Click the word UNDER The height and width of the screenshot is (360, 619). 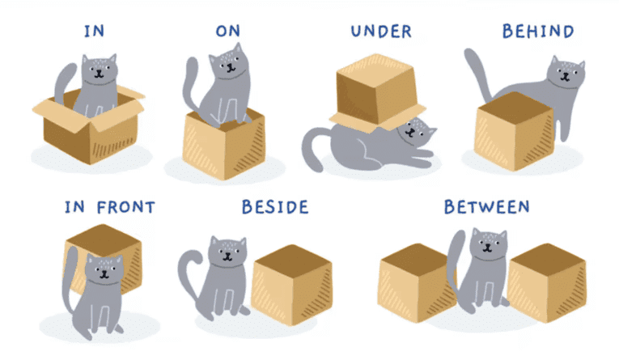[381, 32]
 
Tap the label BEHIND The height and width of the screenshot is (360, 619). [538, 32]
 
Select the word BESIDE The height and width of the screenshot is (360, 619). [275, 207]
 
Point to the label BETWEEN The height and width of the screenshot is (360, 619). [487, 207]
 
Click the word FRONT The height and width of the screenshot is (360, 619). [126, 207]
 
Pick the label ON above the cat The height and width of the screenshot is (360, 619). [228, 32]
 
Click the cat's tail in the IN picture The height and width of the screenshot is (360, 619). [64, 82]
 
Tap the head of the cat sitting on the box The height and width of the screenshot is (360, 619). [229, 62]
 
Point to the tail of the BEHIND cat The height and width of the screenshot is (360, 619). [477, 74]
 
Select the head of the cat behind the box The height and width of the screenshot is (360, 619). [566, 74]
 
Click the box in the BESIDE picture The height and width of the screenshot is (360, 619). [292, 285]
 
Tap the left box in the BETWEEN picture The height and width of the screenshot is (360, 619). [417, 282]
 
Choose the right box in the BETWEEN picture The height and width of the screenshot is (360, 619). [547, 282]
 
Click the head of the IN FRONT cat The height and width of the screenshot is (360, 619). [104, 271]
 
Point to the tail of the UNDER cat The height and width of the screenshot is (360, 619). [314, 149]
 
